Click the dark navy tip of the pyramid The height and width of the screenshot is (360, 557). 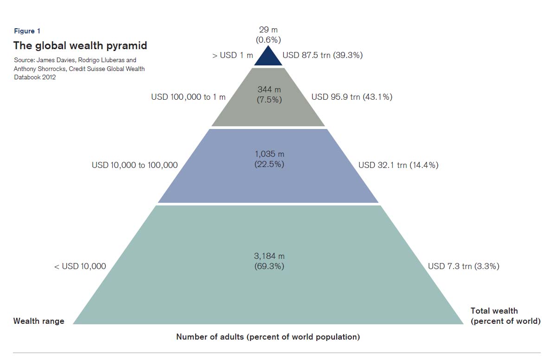coord(268,58)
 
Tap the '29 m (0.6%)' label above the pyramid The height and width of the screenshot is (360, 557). coord(268,35)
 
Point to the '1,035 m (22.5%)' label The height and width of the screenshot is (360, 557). coord(269,158)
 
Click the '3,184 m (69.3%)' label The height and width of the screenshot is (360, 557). coord(269,261)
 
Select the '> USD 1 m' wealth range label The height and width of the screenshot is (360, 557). coord(232,56)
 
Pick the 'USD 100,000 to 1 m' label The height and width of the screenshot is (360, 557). coord(188,97)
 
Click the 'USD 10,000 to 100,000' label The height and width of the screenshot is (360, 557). coord(134,165)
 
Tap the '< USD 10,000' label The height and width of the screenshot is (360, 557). coord(80,266)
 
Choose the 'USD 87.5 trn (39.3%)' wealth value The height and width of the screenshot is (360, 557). coord(322,55)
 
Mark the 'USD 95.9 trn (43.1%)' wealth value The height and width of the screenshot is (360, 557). coord(352,97)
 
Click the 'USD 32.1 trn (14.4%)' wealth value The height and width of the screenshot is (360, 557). coord(398,165)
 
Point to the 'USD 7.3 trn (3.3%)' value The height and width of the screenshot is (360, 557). coord(463,266)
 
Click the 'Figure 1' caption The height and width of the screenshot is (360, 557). coord(27,31)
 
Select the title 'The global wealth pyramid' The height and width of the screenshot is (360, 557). coord(80,45)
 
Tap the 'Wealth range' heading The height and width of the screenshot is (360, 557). coord(39,321)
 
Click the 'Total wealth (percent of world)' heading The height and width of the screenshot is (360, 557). coord(505,316)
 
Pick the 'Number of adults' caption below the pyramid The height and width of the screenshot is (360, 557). coord(268,337)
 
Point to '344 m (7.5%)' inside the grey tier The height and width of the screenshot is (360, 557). coord(269,95)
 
